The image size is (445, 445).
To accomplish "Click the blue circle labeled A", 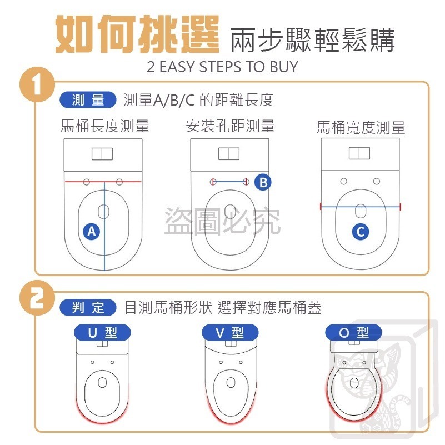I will [92, 232].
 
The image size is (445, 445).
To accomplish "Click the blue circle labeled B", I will [263, 182].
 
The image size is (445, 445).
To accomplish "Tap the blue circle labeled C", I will [361, 232].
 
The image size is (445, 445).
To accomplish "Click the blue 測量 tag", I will [87, 100].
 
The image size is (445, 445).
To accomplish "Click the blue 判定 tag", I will [87, 307].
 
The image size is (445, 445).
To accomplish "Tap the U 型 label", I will [103, 333].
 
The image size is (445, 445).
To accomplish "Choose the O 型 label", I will [354, 333].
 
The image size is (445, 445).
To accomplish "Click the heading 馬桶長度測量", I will [105, 126].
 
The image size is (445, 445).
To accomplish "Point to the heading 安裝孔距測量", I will [230, 126].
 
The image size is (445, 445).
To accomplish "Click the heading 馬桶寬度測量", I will [361, 128].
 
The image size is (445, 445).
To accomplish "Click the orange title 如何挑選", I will [137, 36].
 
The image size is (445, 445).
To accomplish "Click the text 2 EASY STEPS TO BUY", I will [222, 67].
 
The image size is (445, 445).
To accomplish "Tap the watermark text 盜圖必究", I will [222, 221].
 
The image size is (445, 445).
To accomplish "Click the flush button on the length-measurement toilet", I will [102, 154].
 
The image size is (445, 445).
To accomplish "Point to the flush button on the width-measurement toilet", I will [359, 153].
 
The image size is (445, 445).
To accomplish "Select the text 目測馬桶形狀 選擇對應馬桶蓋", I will [223, 307].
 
